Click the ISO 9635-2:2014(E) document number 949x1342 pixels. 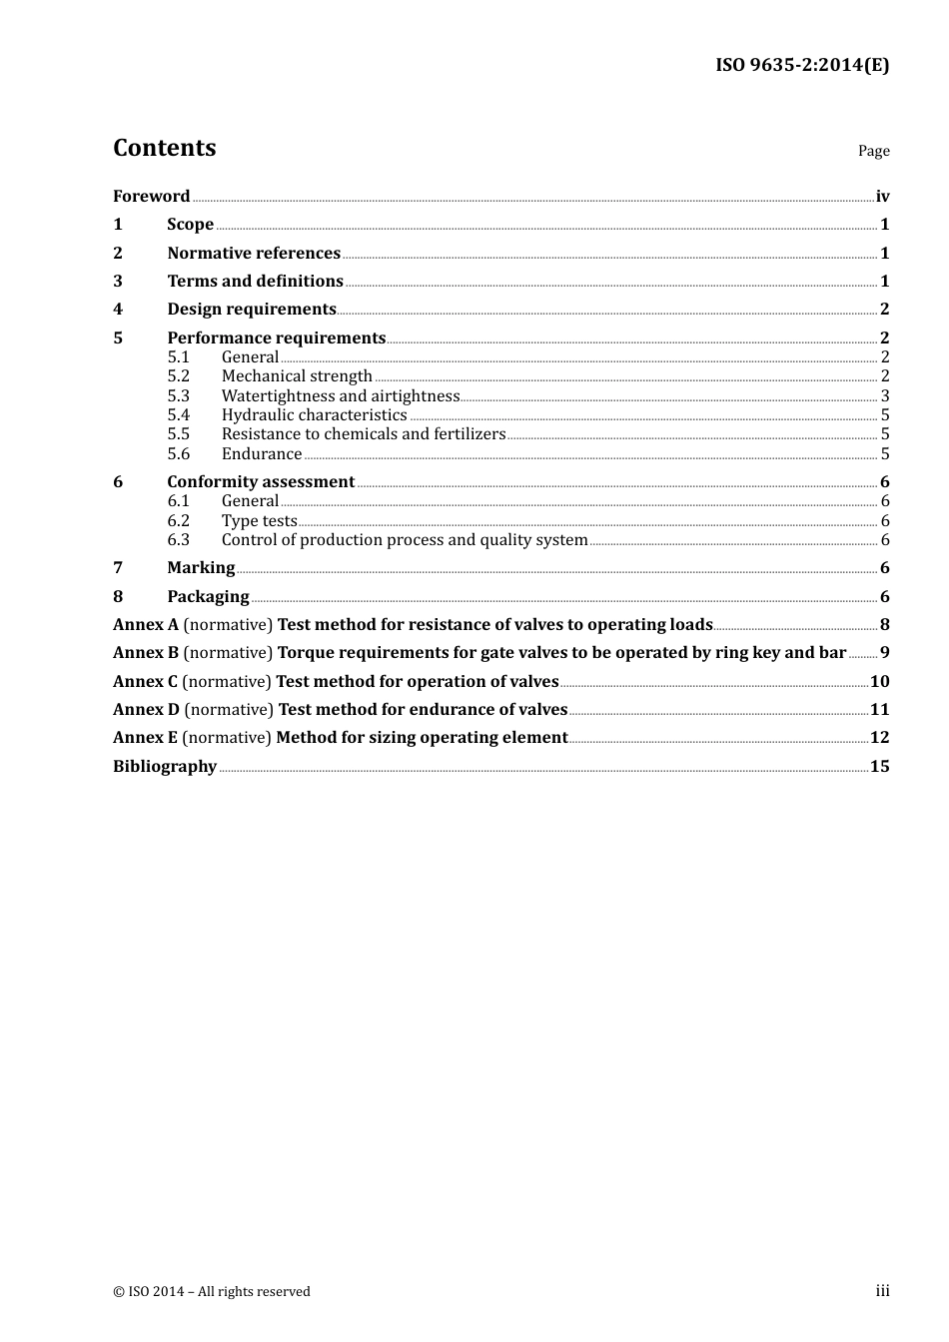801,66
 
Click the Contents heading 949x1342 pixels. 164,148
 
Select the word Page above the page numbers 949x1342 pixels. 873,151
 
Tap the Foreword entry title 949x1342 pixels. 151,197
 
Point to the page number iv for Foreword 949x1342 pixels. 882,197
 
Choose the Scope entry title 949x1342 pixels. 190,225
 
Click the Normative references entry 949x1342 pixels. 254,254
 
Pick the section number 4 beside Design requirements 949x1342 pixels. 118,310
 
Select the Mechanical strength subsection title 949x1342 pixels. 297,376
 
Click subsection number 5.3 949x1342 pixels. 178,396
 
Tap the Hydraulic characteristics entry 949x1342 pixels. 314,415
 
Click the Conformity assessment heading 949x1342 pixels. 261,482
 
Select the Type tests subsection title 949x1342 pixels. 259,521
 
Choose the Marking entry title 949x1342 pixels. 201,568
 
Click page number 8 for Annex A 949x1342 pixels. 884,625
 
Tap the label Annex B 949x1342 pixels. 146,653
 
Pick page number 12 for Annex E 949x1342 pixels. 879,738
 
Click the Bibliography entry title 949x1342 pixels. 165,767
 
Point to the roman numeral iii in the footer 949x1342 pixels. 882,1291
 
